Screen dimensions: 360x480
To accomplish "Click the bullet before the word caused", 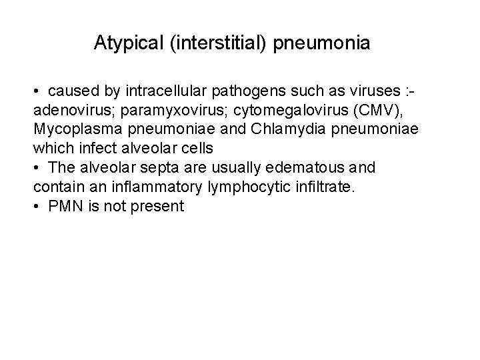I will [x=41, y=90].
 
